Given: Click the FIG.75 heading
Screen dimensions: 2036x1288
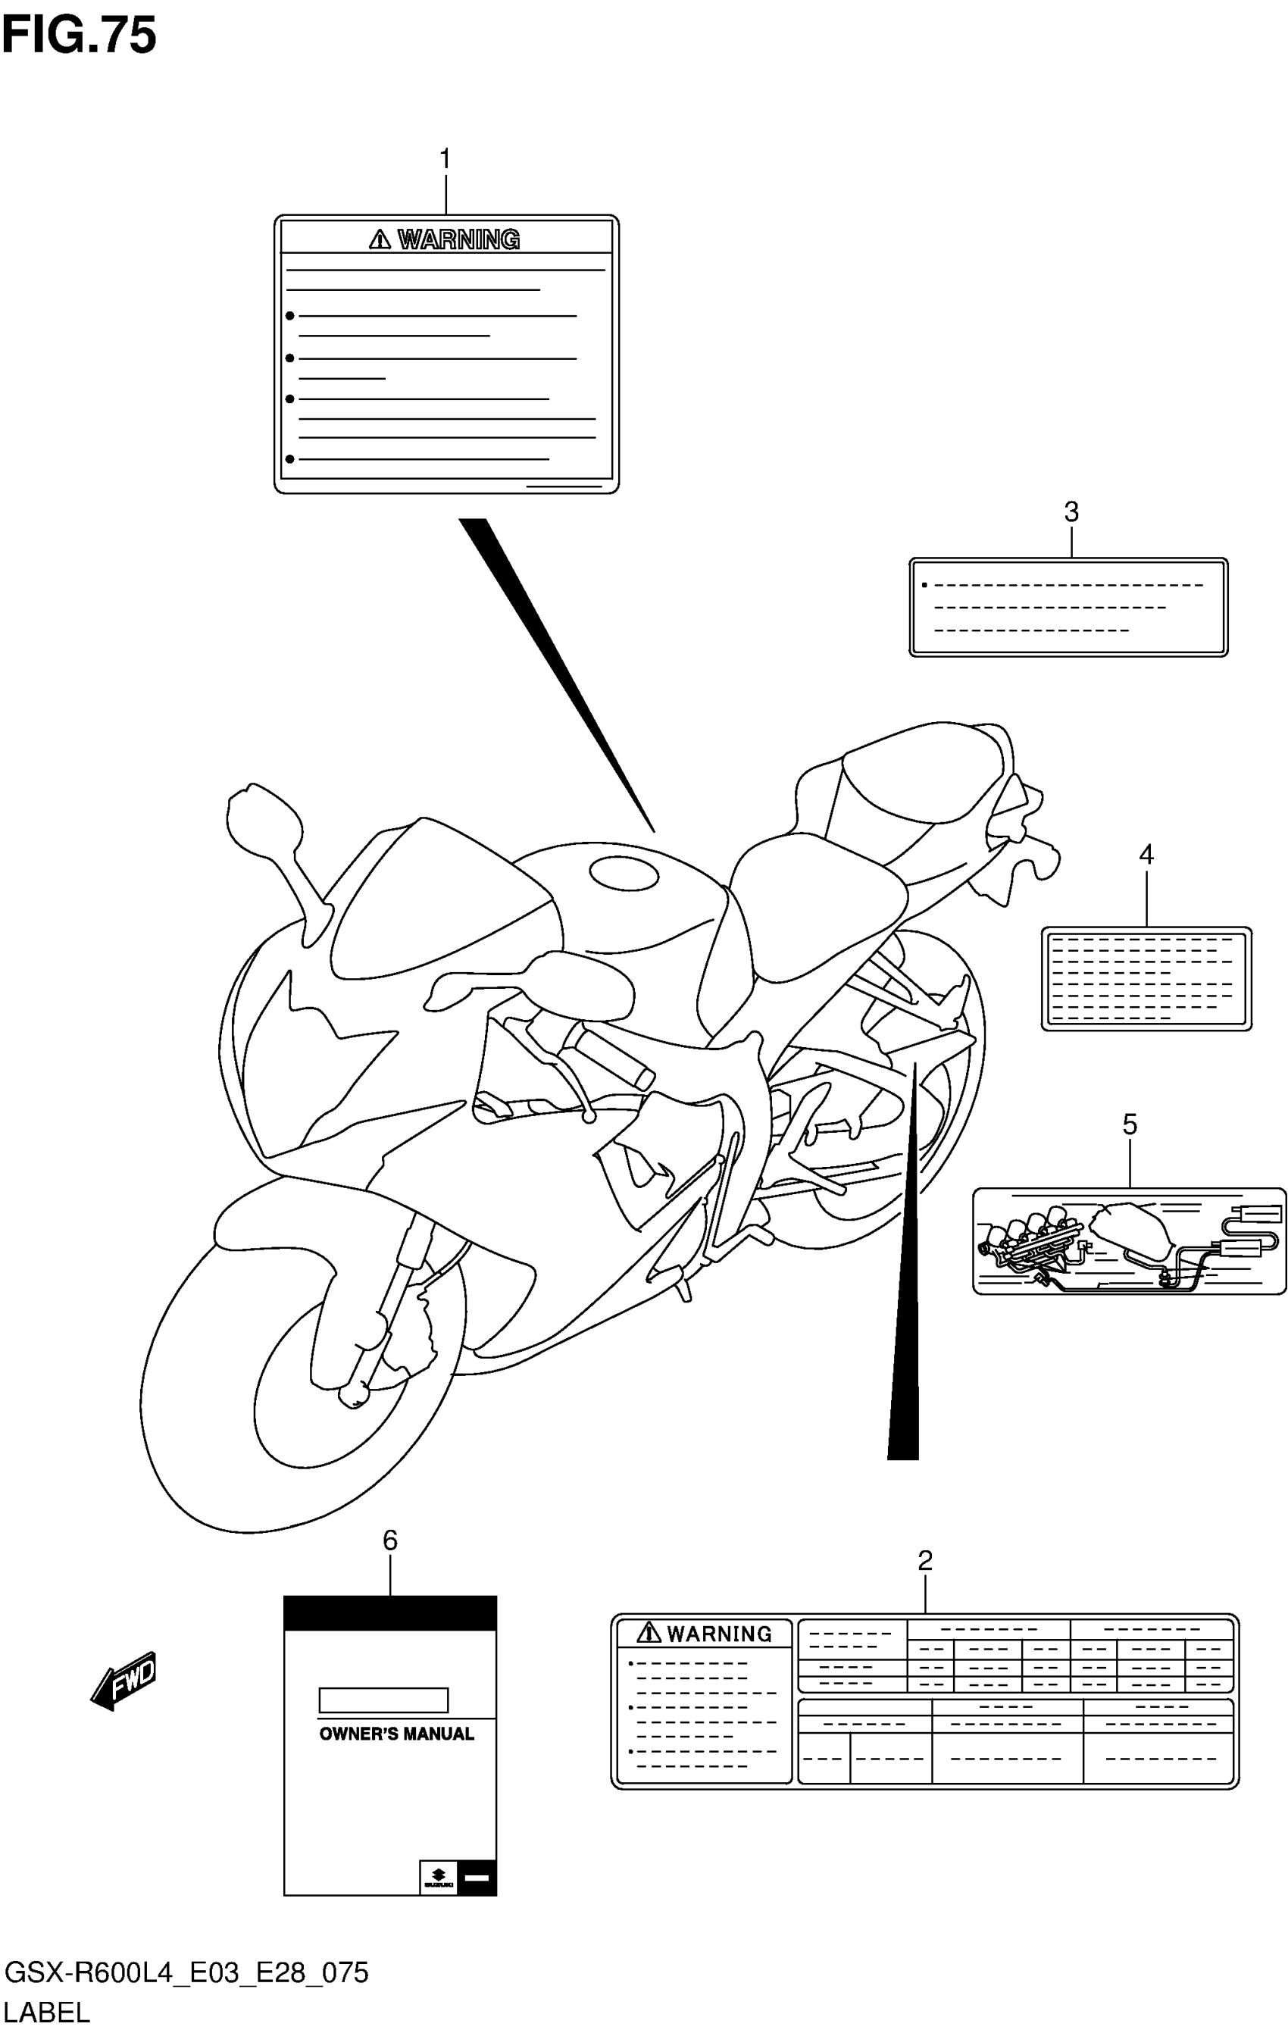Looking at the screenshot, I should (x=79, y=36).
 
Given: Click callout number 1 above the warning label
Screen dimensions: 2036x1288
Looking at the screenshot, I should (x=445, y=159).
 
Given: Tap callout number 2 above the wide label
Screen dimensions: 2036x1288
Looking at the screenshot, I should (x=924, y=1560).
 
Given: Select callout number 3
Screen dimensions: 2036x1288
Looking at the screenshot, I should (x=1071, y=511).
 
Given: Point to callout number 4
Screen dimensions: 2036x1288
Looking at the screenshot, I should (x=1146, y=855).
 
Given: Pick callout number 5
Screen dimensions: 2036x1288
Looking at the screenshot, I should (x=1129, y=1124).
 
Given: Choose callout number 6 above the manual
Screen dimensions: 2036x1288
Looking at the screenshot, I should (x=390, y=1540).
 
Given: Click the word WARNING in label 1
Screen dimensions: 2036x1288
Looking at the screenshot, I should (x=458, y=240).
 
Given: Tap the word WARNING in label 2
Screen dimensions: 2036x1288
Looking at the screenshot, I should (x=719, y=1634).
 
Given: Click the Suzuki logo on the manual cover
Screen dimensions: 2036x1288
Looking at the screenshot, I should (x=437, y=1877).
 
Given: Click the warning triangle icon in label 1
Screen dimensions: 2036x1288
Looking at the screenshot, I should (x=380, y=240).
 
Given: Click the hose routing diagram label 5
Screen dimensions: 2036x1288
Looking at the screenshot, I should (x=1128, y=1240).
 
